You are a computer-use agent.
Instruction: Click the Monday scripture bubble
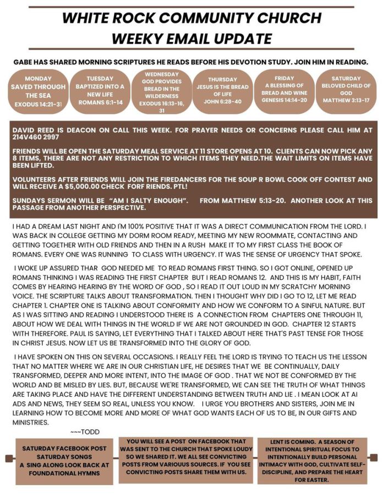[x=38, y=91]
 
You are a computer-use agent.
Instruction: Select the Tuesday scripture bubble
[x=100, y=91]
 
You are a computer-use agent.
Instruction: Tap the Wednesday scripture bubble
[x=161, y=91]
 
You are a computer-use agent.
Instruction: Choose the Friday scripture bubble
[x=284, y=91]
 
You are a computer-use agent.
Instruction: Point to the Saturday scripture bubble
[x=346, y=91]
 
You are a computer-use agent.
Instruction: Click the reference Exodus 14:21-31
[x=38, y=103]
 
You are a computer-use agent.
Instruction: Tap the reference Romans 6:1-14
[x=100, y=102]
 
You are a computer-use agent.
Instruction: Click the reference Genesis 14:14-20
[x=284, y=100]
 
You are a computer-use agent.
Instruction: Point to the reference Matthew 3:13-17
[x=346, y=100]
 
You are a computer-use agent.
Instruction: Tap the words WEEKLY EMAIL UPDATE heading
[x=191, y=39]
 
